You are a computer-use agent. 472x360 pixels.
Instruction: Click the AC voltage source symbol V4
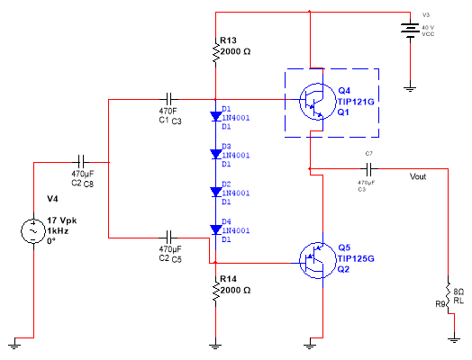click(34, 231)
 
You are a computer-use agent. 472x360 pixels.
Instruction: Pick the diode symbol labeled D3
click(216, 154)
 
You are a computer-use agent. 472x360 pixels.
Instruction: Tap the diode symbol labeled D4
click(216, 229)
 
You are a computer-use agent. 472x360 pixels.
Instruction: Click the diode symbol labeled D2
click(216, 192)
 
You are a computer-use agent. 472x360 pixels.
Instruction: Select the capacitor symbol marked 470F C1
click(169, 96)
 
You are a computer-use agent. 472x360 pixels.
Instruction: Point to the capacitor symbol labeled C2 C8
click(83, 163)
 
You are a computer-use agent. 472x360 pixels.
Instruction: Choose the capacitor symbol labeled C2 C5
click(169, 238)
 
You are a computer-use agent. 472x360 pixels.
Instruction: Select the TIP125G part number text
click(357, 257)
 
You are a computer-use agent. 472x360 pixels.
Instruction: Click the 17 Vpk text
click(66, 220)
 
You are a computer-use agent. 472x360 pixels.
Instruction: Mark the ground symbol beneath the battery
click(410, 89)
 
